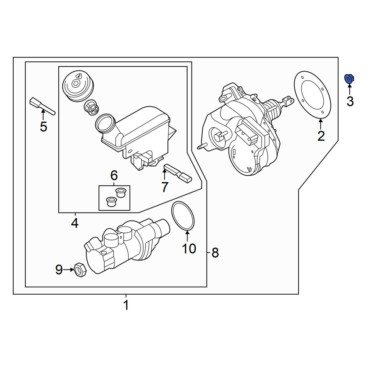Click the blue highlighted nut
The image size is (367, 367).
click(349, 79)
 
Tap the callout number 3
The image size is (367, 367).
click(350, 101)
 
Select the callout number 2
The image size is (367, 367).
click(321, 136)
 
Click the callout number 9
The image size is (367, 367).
click(59, 270)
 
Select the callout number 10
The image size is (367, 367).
click(189, 248)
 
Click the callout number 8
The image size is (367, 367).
click(215, 253)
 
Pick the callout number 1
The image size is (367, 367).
click(126, 305)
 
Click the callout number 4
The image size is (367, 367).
click(75, 223)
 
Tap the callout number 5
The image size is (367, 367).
click(44, 127)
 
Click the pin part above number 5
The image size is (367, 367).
click(42, 106)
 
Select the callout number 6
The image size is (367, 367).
click(114, 175)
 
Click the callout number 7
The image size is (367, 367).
click(165, 187)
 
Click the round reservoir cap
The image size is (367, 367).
click(78, 86)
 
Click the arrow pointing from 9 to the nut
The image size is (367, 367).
click(68, 270)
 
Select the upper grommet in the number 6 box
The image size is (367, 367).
click(121, 192)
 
